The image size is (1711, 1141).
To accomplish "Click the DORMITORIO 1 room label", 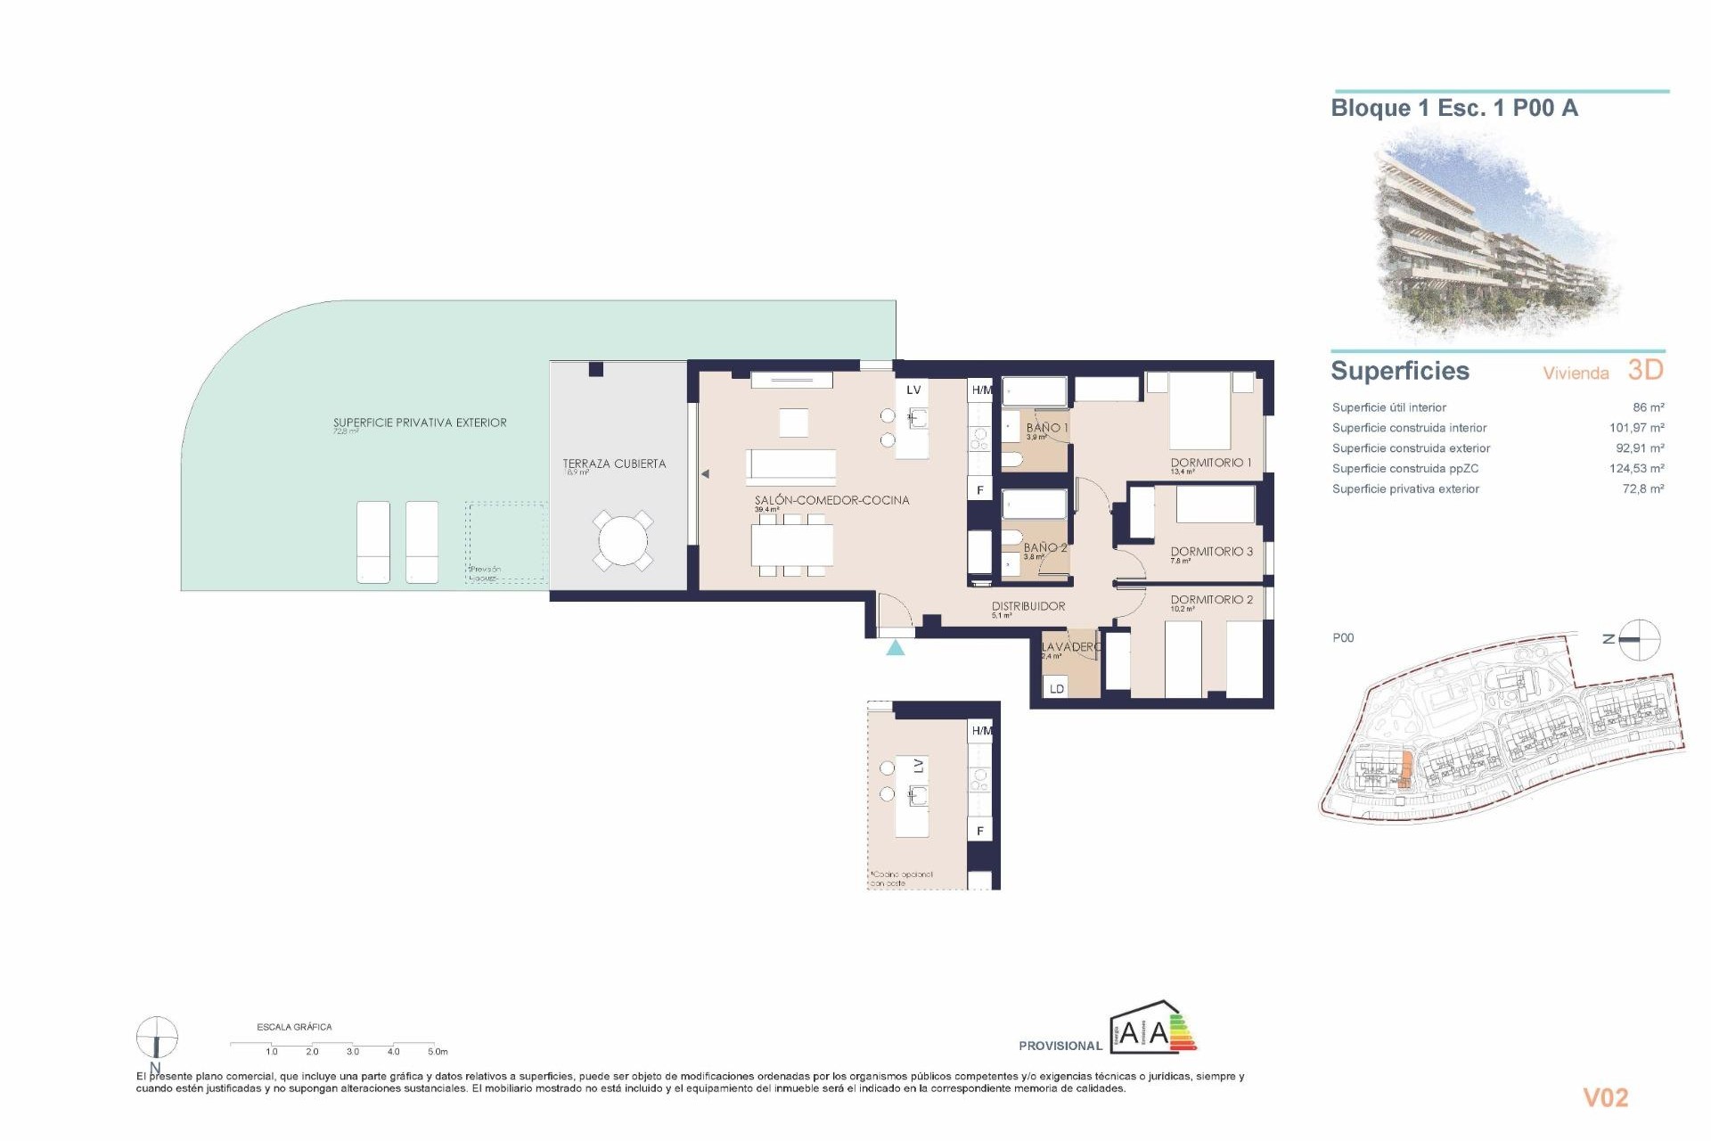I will pyautogui.click(x=1210, y=463).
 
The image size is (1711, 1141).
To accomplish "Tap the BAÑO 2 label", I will pyautogui.click(x=1044, y=547).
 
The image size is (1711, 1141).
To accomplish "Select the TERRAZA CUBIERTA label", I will pyautogui.click(x=614, y=464).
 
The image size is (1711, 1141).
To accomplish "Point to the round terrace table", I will pyautogui.click(x=623, y=540).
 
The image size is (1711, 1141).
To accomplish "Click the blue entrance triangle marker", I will pyautogui.click(x=896, y=648).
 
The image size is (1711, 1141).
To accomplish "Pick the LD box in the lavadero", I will pyautogui.click(x=1057, y=688).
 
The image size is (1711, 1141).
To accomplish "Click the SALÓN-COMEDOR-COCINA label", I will pyautogui.click(x=831, y=500).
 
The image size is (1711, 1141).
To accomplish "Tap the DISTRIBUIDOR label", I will pyautogui.click(x=1028, y=606).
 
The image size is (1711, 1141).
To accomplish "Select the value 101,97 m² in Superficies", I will pyautogui.click(x=1636, y=428).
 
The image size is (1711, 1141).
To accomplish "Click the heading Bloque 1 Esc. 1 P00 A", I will pyautogui.click(x=1453, y=109).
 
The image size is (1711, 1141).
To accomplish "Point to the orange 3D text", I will pyautogui.click(x=1645, y=370).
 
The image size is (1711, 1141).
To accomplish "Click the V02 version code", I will pyautogui.click(x=1605, y=1098).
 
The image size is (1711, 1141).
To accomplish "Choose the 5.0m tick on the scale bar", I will pyautogui.click(x=437, y=1051).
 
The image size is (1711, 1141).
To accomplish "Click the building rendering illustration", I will pyautogui.click(x=1497, y=236).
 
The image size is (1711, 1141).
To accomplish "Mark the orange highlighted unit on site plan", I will pyautogui.click(x=1406, y=770).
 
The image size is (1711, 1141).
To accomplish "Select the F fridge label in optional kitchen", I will pyautogui.click(x=980, y=831).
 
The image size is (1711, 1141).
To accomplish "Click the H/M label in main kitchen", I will pyautogui.click(x=981, y=390).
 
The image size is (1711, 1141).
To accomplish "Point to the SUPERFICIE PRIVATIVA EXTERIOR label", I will pyautogui.click(x=420, y=423).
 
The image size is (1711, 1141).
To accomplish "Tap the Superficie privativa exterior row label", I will pyautogui.click(x=1405, y=489).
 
